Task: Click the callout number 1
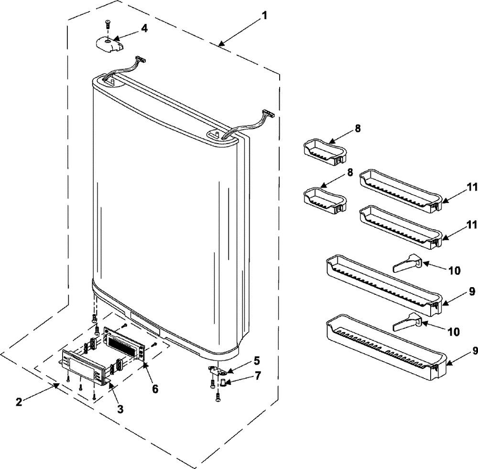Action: point(263,15)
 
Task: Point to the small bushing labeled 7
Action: point(223,381)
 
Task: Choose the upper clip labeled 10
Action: point(406,263)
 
